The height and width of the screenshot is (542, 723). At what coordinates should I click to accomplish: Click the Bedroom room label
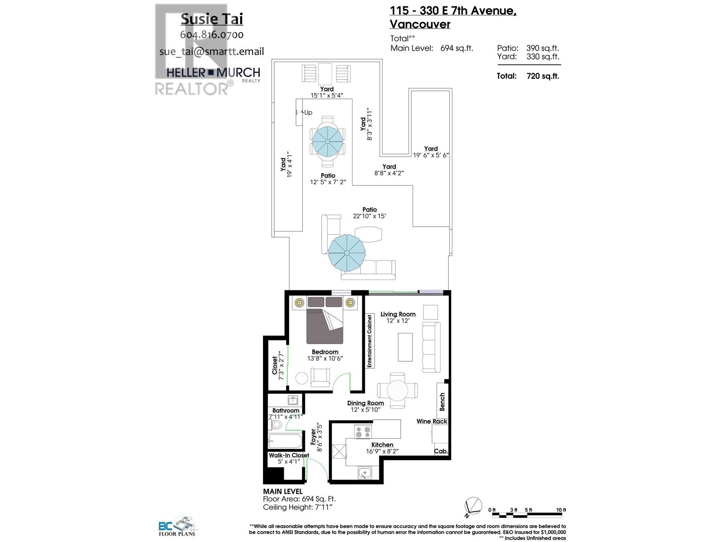(325, 352)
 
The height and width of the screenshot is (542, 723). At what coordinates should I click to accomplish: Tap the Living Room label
(398, 314)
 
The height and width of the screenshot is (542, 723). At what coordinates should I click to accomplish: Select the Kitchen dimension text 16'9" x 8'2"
(382, 451)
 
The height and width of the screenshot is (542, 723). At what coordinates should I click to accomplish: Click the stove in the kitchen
(363, 431)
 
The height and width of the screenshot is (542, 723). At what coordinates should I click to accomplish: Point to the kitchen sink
(364, 473)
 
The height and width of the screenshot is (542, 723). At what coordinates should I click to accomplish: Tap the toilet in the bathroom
(276, 425)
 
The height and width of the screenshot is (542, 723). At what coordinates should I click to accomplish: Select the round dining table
(397, 389)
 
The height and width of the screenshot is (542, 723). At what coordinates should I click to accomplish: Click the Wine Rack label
(432, 421)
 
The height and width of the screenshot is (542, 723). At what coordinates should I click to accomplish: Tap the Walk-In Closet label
(289, 455)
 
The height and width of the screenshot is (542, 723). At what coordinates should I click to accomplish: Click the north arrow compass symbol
(473, 506)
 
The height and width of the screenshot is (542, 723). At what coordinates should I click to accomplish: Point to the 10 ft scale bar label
(561, 510)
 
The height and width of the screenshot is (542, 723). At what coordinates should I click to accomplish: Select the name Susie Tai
(211, 19)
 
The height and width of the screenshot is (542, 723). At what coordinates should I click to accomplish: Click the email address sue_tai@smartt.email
(211, 51)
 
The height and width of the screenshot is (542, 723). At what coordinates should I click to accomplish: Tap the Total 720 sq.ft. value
(543, 76)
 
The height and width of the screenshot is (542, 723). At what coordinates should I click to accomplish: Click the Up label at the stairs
(308, 112)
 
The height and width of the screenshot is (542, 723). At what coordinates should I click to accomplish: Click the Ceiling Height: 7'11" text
(298, 507)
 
